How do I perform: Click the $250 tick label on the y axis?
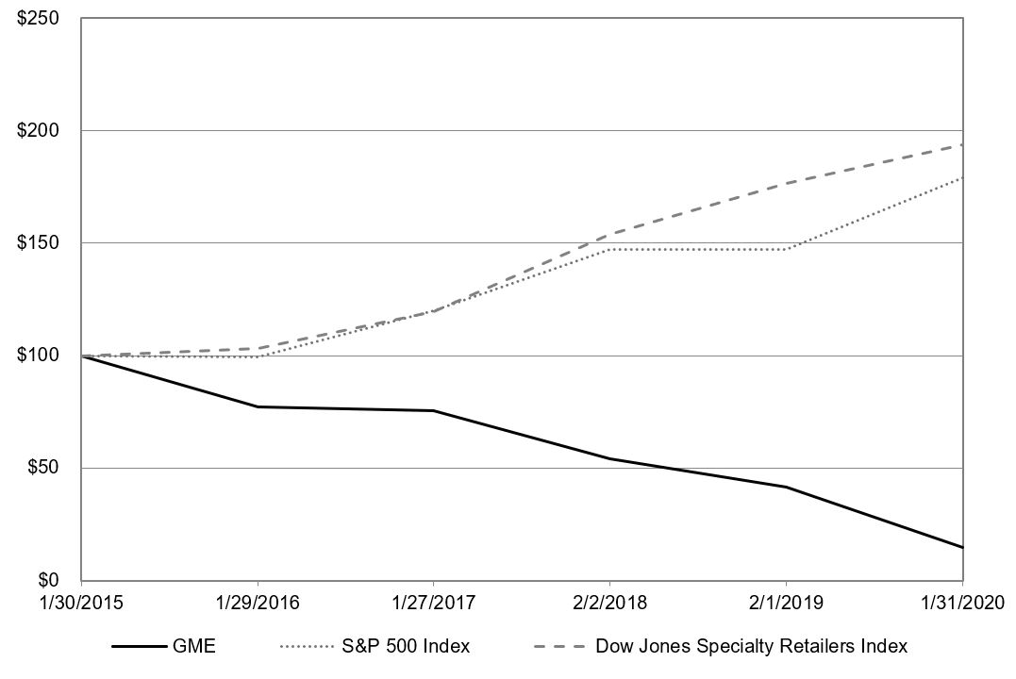coord(41,18)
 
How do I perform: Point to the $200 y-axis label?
coord(41,130)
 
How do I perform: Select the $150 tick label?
coord(41,242)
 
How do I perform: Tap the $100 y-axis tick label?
coord(41,356)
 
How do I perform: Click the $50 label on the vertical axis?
coord(44,468)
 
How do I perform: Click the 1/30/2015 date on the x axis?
coord(81,601)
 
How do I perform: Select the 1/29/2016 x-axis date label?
coord(258,601)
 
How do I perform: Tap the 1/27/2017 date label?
coord(434,601)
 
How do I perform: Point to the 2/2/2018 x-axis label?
coord(610,601)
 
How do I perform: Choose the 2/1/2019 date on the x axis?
coord(787,601)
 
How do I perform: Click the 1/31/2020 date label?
coord(963,601)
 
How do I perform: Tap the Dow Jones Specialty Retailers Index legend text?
coord(752,647)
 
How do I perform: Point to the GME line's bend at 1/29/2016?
coord(258,406)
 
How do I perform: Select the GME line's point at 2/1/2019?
coord(787,487)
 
